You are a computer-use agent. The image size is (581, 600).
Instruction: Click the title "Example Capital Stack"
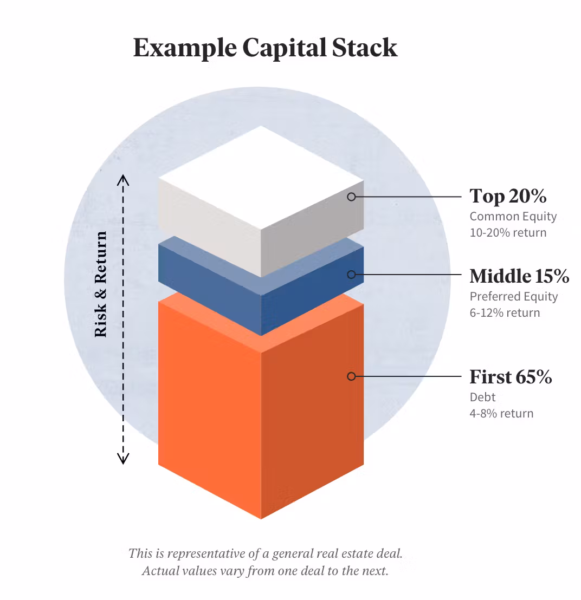coord(265,48)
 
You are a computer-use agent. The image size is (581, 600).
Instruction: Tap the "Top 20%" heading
coord(508,196)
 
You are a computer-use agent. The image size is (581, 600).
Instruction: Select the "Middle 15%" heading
coord(519,276)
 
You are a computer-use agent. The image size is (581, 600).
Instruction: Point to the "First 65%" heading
coord(511,376)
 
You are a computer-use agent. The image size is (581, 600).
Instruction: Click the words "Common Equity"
coord(513,217)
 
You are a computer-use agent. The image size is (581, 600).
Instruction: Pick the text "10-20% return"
coord(508,233)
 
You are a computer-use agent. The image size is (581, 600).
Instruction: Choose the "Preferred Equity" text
coord(513,297)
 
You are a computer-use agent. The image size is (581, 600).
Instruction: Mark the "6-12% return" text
coord(505,313)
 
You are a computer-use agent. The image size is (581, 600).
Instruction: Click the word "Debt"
coord(482,397)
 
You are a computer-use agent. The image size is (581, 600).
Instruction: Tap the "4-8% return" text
coord(501,414)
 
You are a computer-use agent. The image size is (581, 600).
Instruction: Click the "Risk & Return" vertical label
coord(101,285)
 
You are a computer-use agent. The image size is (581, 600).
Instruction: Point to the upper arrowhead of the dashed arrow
coord(124,179)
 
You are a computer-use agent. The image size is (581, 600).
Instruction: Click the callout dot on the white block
coord(351,197)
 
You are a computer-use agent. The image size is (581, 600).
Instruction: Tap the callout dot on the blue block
coord(351,275)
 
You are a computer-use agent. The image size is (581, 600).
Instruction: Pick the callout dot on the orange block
coord(351,376)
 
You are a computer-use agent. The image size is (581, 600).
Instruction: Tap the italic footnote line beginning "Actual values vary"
coord(265,571)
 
